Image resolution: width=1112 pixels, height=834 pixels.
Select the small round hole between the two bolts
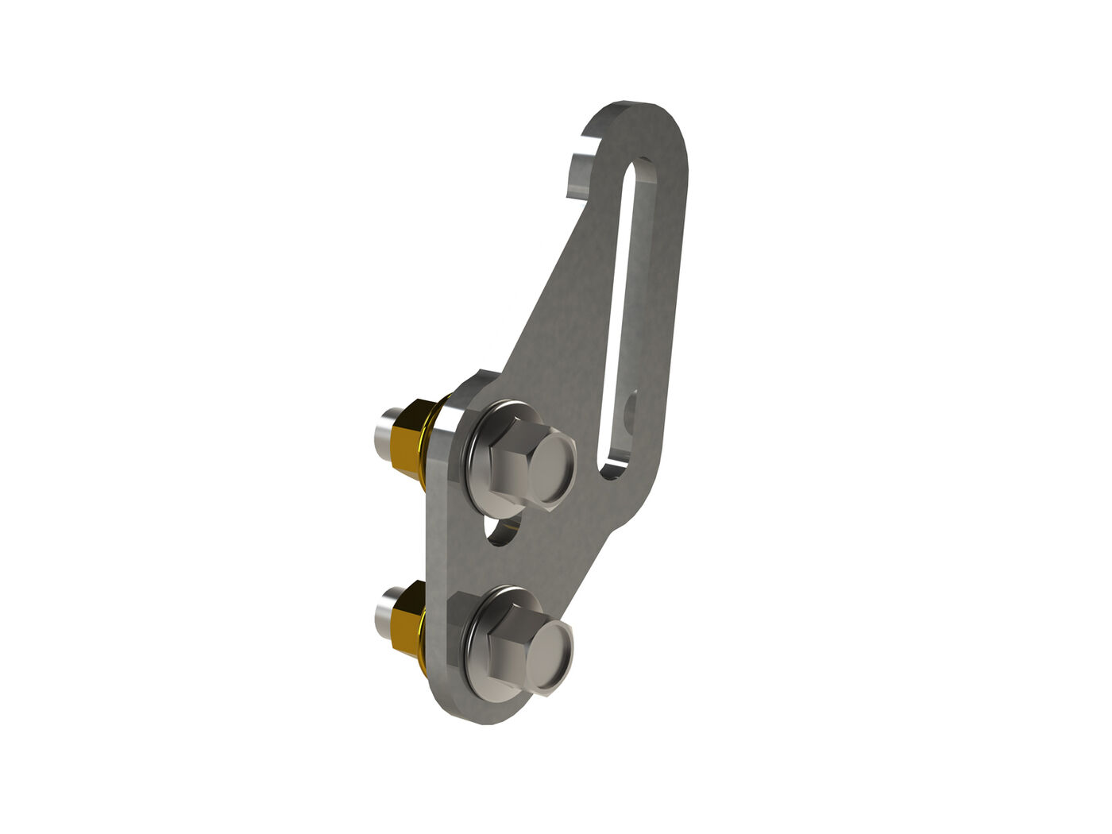pos(501,531)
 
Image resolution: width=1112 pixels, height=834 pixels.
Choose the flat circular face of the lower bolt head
pos(550,658)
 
